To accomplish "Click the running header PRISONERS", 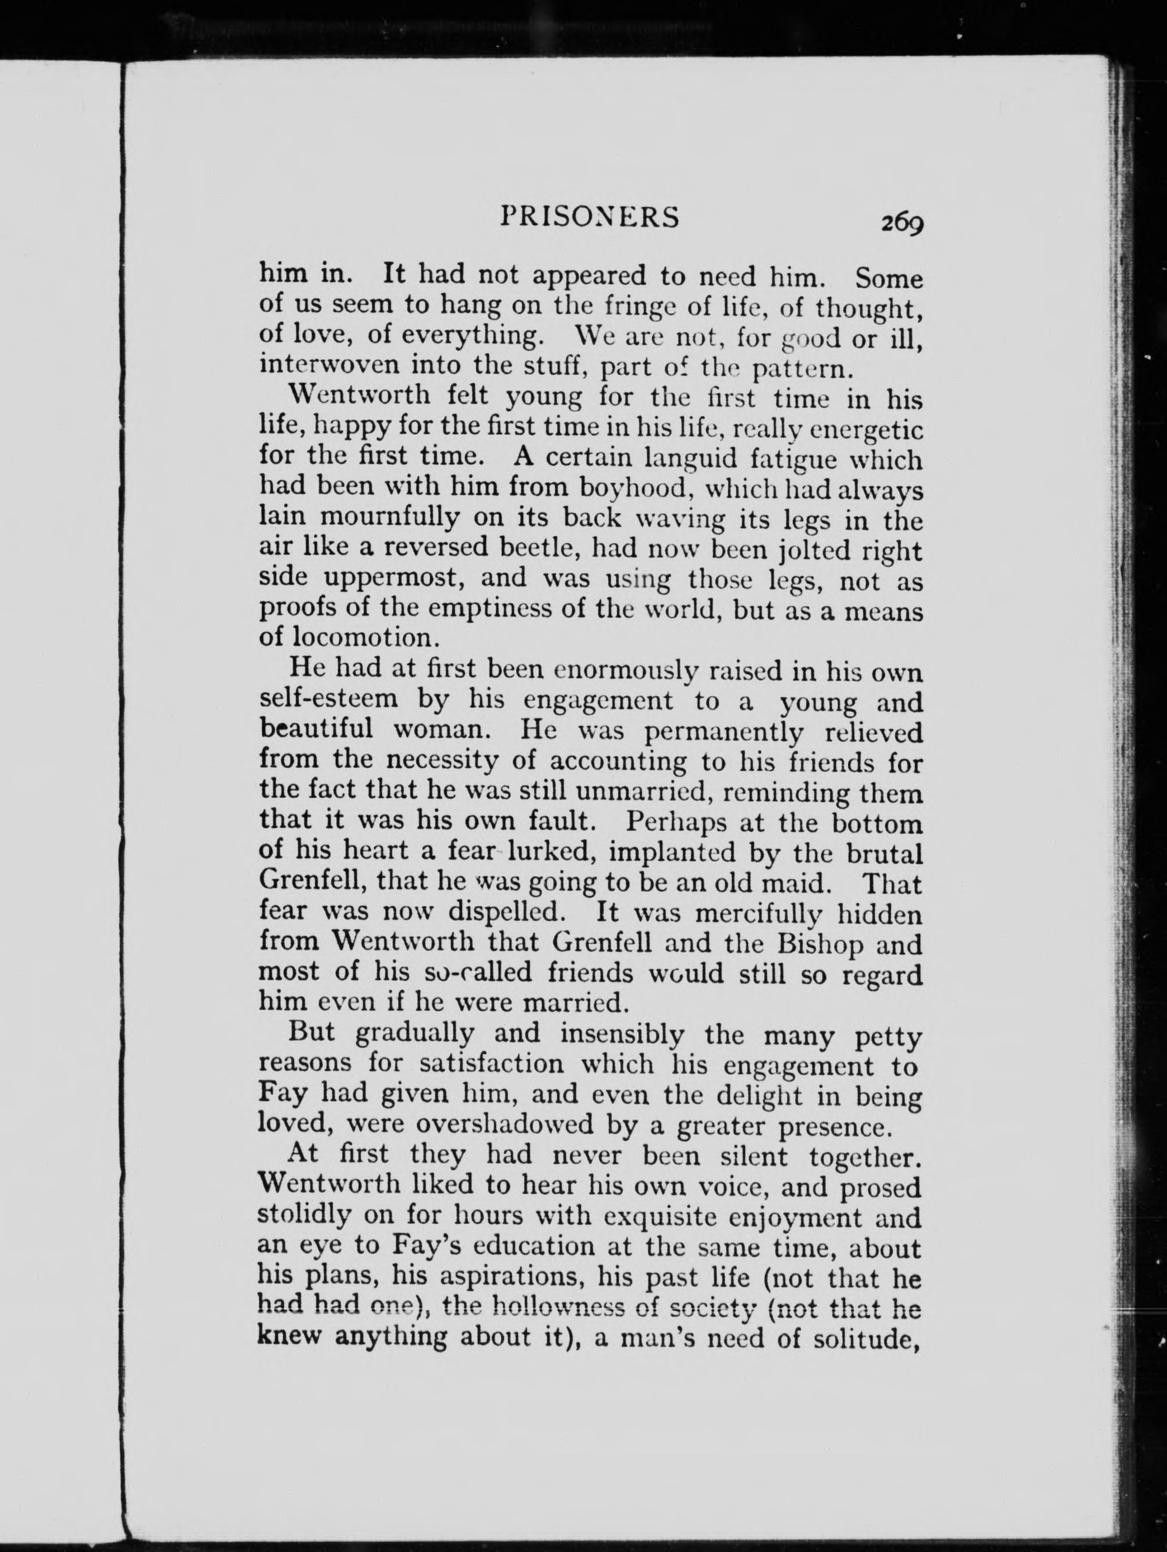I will pyautogui.click(x=590, y=218).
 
